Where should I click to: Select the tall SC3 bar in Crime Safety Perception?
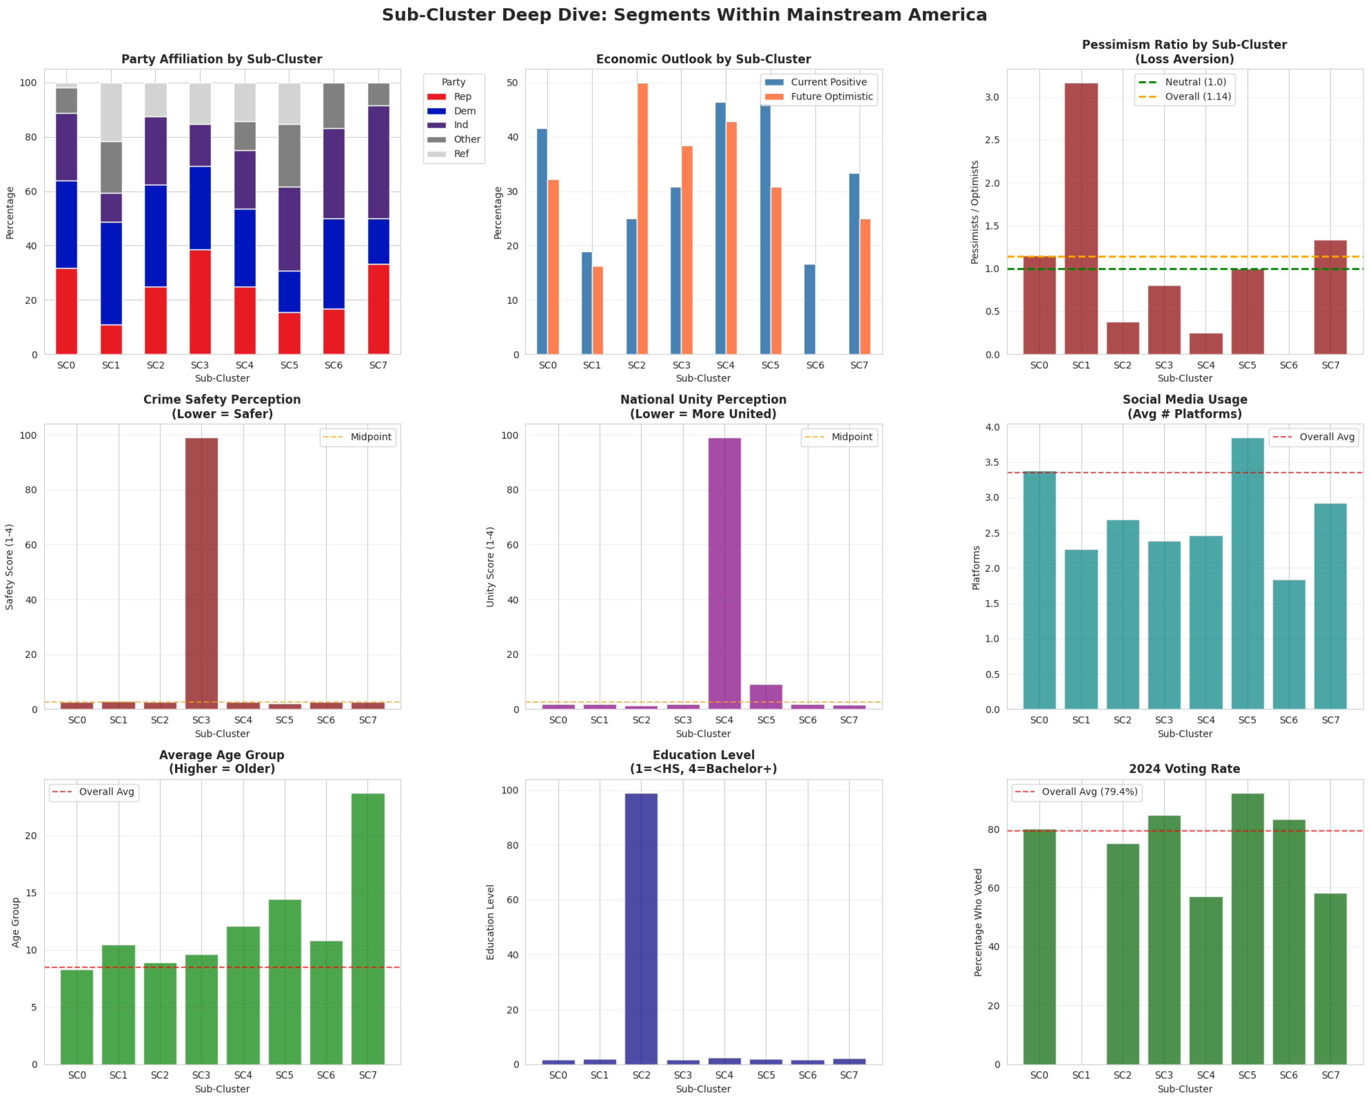[201, 572]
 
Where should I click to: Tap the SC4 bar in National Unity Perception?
[724, 572]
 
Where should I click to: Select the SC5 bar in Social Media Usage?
[1247, 572]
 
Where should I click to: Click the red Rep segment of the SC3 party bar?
[200, 302]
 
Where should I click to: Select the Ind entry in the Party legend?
[460, 125]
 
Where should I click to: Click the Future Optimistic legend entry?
[831, 97]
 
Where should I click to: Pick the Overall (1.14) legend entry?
[1198, 97]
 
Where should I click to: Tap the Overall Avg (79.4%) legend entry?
[1089, 791]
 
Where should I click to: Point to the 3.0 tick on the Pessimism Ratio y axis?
[992, 97]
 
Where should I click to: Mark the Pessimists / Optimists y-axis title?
[974, 212]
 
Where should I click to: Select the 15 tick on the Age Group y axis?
[31, 893]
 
